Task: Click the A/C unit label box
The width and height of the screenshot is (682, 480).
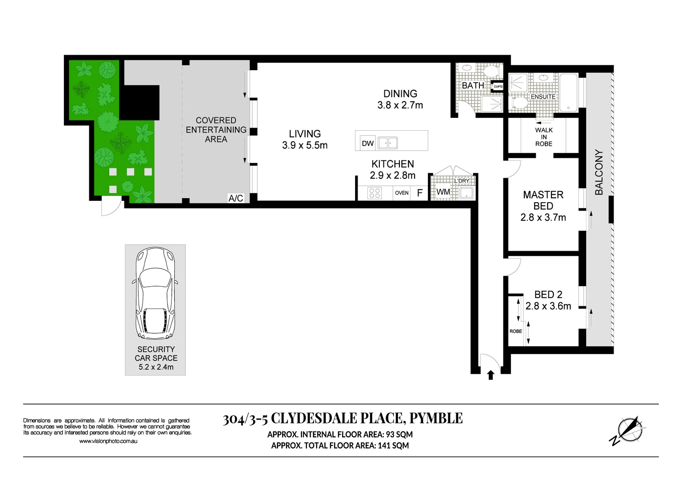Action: pyautogui.click(x=236, y=198)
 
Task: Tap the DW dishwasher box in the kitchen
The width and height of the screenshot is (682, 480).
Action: pyautogui.click(x=367, y=143)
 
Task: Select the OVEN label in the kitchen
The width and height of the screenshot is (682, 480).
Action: pyautogui.click(x=402, y=193)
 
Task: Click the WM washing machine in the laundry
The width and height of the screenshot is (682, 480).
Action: pyautogui.click(x=443, y=192)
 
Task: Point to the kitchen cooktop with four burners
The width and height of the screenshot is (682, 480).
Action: pyautogui.click(x=375, y=193)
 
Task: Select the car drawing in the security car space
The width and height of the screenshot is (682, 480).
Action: pyautogui.click(x=156, y=293)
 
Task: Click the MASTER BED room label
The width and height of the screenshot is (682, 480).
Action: pyautogui.click(x=543, y=200)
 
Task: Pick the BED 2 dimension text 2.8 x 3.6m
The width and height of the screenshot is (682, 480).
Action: pyautogui.click(x=548, y=306)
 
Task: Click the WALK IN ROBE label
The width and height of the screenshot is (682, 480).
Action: pyautogui.click(x=544, y=137)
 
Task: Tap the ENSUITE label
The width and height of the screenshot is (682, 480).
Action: pyautogui.click(x=543, y=96)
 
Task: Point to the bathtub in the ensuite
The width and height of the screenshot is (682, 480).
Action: pyautogui.click(x=568, y=92)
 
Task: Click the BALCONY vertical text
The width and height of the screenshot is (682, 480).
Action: pyautogui.click(x=599, y=172)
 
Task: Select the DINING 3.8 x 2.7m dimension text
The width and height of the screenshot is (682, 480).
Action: pyautogui.click(x=400, y=105)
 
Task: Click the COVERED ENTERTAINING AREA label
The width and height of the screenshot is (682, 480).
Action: pyautogui.click(x=216, y=130)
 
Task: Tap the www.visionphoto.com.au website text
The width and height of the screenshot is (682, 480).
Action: pyautogui.click(x=108, y=441)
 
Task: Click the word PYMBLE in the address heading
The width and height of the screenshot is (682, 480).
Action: pyautogui.click(x=436, y=419)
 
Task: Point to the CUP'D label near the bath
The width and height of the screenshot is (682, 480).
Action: pyautogui.click(x=498, y=87)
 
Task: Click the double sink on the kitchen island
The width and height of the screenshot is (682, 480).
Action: pyautogui.click(x=387, y=143)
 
